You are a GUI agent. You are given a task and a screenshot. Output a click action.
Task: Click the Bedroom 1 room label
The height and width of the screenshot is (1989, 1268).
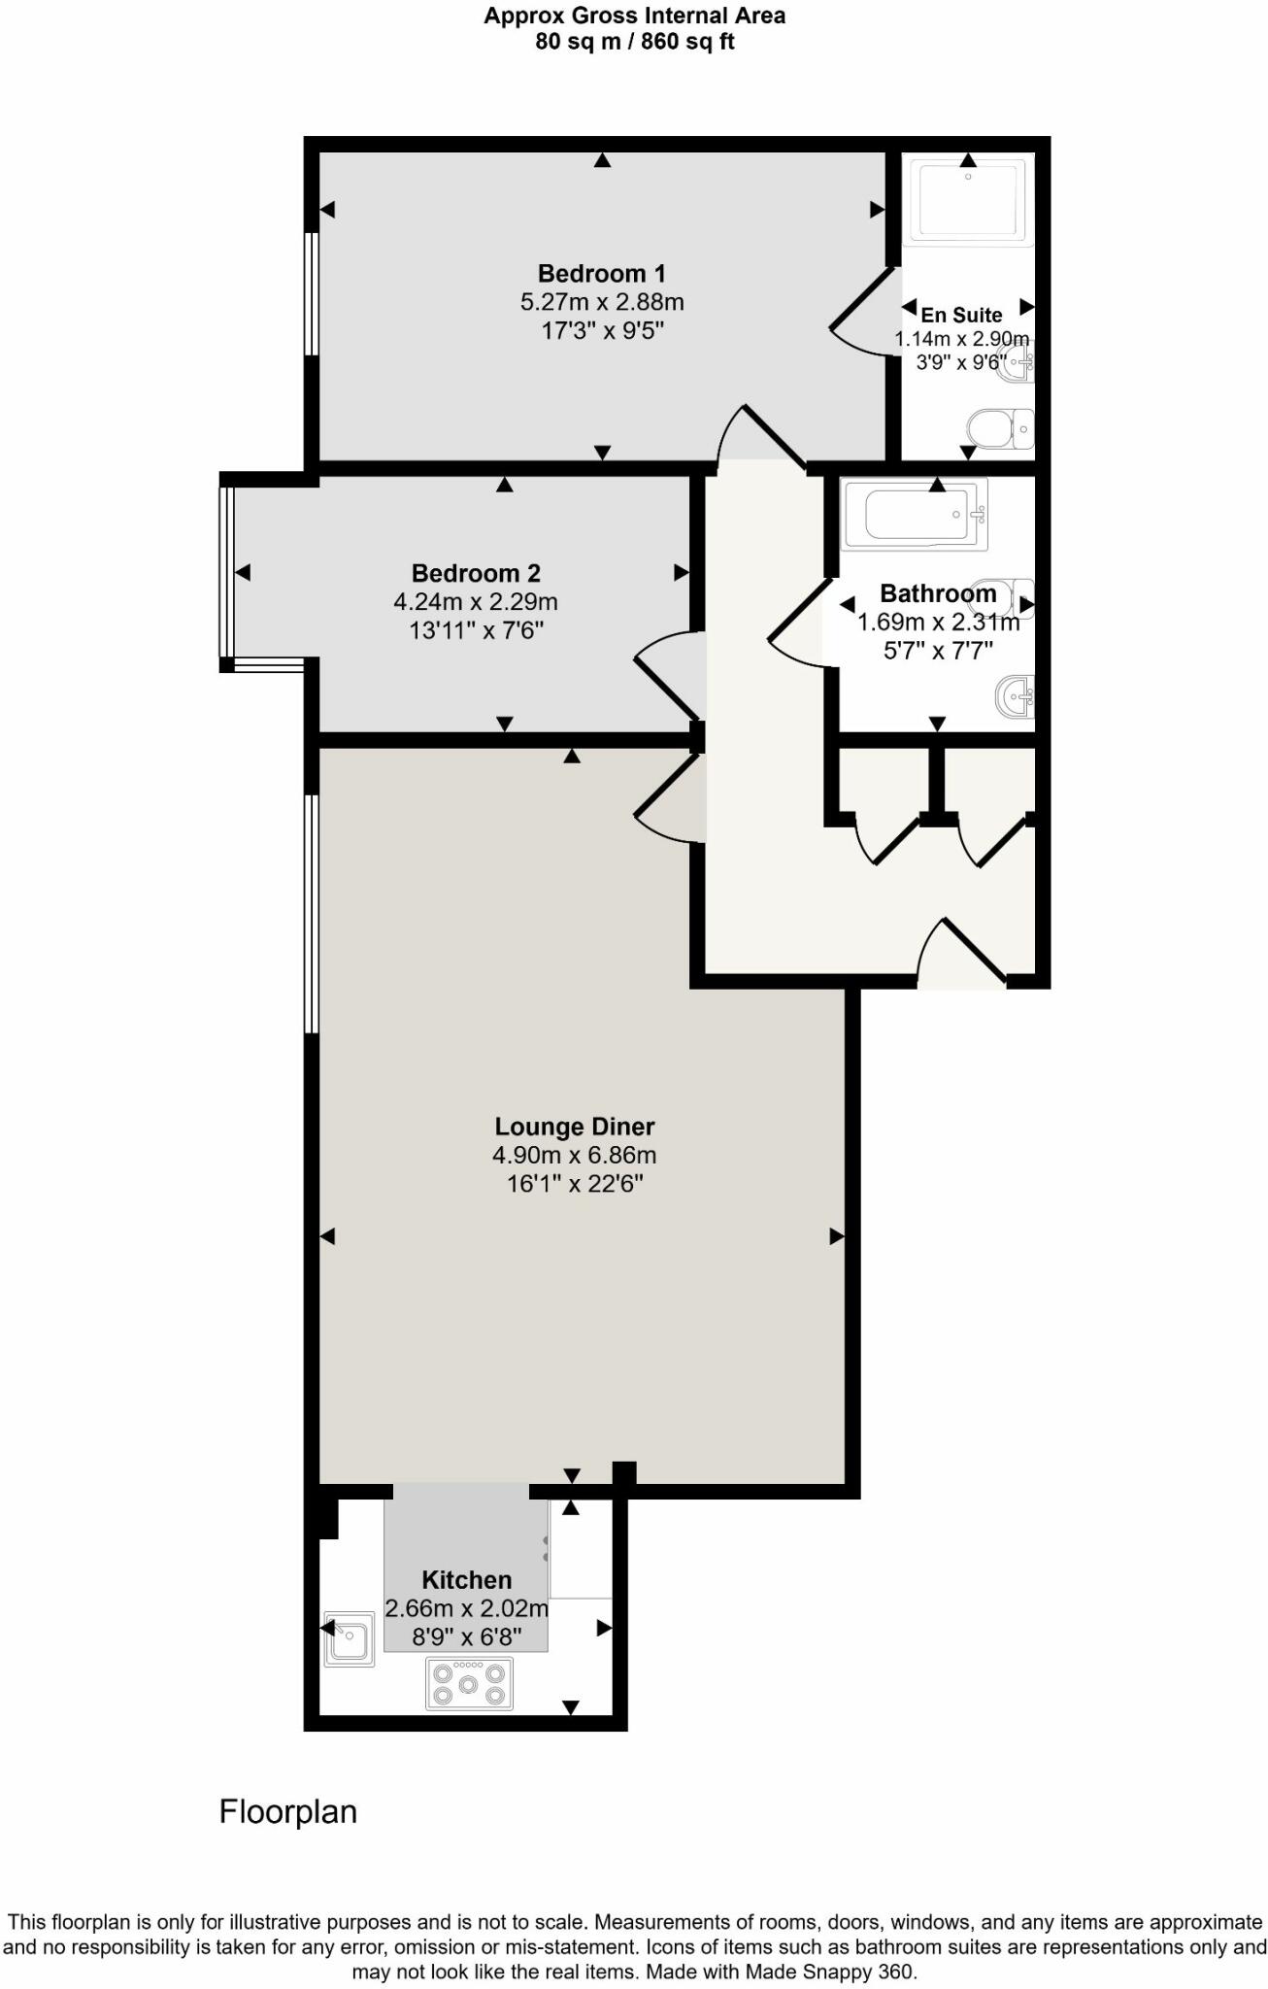[602, 274]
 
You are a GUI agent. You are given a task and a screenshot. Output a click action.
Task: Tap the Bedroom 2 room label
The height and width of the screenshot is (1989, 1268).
[476, 573]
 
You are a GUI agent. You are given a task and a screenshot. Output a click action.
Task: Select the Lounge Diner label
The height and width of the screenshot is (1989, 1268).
[575, 1127]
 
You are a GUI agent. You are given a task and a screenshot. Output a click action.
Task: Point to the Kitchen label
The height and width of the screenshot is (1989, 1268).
[466, 1580]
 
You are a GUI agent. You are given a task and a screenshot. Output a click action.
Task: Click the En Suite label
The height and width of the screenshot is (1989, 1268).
[961, 315]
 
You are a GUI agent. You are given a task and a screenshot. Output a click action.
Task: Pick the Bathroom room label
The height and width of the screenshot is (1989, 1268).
[938, 593]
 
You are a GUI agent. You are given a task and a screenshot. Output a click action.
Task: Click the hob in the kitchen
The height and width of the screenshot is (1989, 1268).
[470, 1683]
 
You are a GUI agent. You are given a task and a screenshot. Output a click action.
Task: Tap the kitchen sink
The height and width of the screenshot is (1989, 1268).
[349, 1639]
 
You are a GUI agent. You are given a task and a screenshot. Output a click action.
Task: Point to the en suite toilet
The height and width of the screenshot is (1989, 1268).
[1001, 427]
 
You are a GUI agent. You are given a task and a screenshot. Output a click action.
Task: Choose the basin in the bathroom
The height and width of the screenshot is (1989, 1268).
[1017, 695]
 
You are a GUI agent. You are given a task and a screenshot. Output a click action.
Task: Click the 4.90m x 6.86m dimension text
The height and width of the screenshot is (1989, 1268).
[575, 1156]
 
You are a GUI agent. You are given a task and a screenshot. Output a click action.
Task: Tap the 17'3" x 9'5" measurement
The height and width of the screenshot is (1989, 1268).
[602, 331]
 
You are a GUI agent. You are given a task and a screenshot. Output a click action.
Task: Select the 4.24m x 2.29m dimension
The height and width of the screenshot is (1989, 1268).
[476, 602]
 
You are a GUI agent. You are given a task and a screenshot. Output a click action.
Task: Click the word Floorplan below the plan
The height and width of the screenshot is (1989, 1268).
[288, 1812]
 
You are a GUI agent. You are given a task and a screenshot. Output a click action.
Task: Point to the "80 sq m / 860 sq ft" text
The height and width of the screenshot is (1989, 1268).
[635, 42]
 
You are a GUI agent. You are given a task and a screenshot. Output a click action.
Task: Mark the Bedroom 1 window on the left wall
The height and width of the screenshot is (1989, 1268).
[312, 293]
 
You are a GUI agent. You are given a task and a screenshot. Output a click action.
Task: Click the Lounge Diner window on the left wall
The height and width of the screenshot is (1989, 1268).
[312, 914]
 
